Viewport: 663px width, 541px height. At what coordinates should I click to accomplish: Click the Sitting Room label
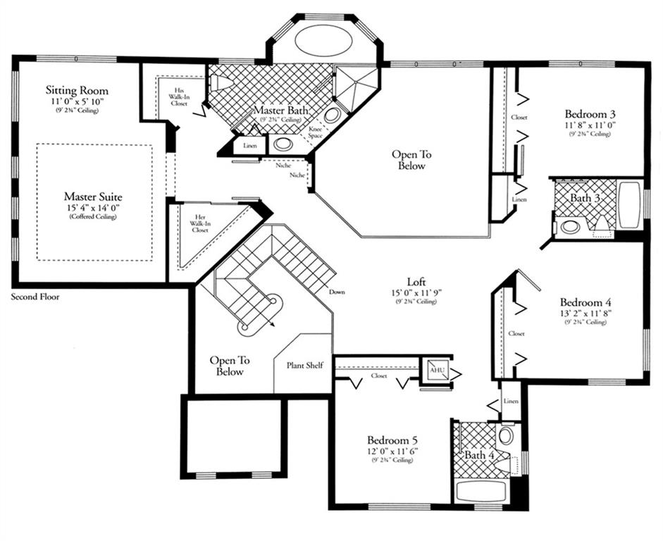(x=77, y=90)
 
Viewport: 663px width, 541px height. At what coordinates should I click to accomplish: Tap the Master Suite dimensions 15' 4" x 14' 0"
(x=93, y=208)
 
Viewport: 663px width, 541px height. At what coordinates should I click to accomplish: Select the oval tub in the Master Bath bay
(x=323, y=39)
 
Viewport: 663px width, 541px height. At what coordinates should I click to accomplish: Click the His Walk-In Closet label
(x=179, y=97)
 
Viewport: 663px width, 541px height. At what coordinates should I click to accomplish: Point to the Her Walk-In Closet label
(x=200, y=223)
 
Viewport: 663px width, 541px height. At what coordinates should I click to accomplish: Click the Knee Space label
(x=316, y=132)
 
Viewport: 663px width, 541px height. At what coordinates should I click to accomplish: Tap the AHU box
(x=436, y=371)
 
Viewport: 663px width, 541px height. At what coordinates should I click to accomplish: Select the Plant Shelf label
(x=305, y=365)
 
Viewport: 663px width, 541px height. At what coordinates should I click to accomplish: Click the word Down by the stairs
(x=337, y=292)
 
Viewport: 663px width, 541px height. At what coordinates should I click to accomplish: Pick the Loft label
(x=416, y=282)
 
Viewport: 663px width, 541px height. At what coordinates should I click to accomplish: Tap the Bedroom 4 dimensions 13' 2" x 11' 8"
(x=585, y=313)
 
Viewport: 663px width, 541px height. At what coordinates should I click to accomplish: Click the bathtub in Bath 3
(x=630, y=205)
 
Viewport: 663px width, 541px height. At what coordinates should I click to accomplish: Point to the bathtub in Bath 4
(x=481, y=491)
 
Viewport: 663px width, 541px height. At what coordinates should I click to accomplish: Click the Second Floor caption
(x=35, y=297)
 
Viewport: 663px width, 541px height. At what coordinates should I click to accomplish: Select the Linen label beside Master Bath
(x=250, y=146)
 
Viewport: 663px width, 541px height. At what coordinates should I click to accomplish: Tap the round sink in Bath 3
(x=570, y=227)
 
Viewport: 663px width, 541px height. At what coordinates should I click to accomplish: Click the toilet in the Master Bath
(x=221, y=82)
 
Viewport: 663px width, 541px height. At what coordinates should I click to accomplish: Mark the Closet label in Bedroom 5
(x=378, y=375)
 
